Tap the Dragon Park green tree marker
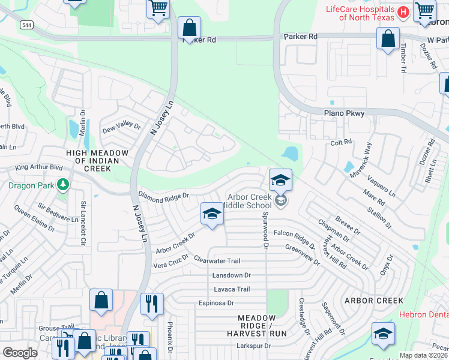tap(62, 185)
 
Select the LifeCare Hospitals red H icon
tap(403, 11)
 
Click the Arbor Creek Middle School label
tap(249, 201)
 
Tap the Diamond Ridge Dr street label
tap(163, 196)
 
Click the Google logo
tap(20, 353)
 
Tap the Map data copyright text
tap(424, 355)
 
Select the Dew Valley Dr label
tap(121, 128)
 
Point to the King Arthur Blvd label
tap(39, 167)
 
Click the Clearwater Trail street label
tap(217, 260)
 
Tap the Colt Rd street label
tap(340, 143)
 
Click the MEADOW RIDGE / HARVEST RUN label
tap(261, 325)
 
